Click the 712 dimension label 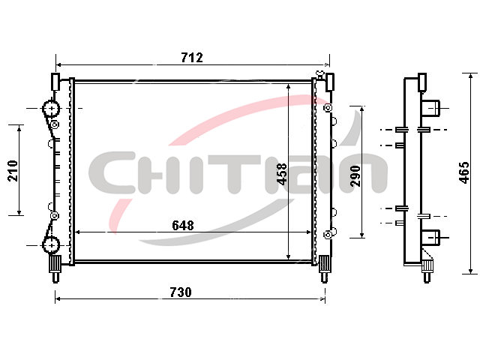(x=192, y=58)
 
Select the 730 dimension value (x=181, y=292)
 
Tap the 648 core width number (x=183, y=225)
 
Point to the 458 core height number (x=282, y=174)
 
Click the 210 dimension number (x=13, y=170)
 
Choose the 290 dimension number (x=355, y=176)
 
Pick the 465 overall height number (x=464, y=172)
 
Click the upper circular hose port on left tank (x=51, y=109)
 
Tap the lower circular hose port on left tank (x=51, y=245)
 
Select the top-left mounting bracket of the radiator (x=55, y=82)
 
